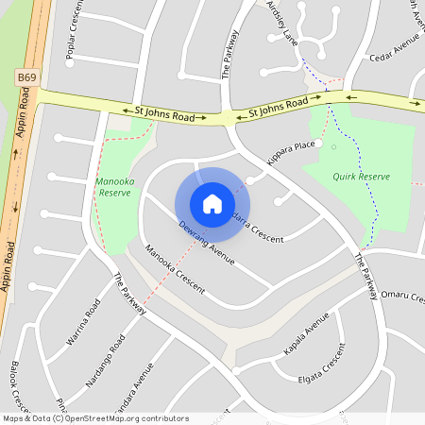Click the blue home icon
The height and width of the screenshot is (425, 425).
point(212,203)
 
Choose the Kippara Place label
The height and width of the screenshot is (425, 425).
point(291,151)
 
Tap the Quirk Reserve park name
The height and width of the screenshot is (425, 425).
point(361,177)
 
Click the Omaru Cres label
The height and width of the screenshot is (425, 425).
point(401,296)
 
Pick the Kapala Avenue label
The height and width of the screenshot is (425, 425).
point(306,337)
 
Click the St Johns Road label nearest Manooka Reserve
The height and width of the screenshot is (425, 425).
point(163,114)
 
